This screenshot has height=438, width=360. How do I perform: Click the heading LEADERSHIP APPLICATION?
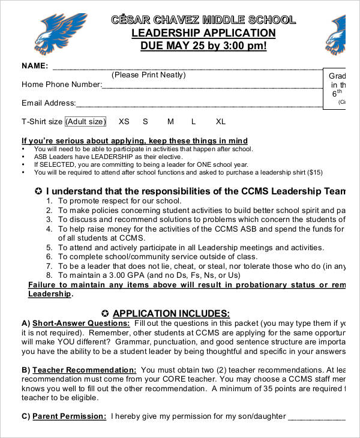click(x=203, y=33)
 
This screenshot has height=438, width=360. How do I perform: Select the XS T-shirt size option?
click(x=124, y=121)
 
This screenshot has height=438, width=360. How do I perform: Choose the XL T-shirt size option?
click(x=221, y=121)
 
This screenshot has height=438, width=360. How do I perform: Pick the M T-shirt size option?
click(x=170, y=121)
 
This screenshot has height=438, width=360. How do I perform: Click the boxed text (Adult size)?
click(x=85, y=121)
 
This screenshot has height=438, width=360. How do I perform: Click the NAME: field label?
click(x=35, y=65)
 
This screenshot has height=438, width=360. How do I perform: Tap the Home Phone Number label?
click(x=61, y=85)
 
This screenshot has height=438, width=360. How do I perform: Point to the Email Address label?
click(x=49, y=103)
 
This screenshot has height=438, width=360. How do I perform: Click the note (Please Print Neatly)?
click(x=149, y=75)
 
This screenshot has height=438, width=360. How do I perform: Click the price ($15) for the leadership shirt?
click(x=314, y=172)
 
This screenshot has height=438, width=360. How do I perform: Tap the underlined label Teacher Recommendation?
click(x=84, y=370)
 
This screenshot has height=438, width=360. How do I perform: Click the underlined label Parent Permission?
click(x=69, y=416)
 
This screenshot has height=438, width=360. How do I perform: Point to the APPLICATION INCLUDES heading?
click(x=171, y=313)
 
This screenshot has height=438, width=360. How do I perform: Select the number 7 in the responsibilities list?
click(x=49, y=266)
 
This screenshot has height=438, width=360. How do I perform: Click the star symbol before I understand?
click(x=38, y=191)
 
